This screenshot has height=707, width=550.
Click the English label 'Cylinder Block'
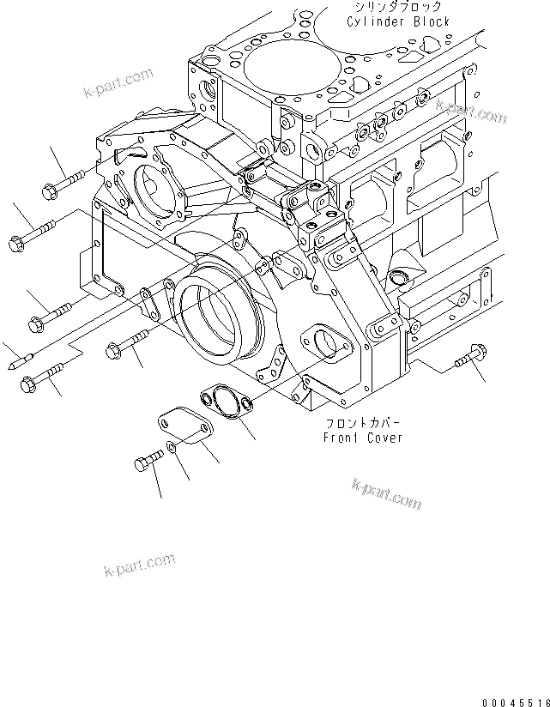point(397,21)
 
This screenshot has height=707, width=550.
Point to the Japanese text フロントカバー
point(363,423)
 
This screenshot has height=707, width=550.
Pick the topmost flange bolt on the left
point(60,182)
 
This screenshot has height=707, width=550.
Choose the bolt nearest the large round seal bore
point(129,342)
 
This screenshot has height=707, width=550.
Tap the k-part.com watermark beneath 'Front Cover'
point(386,493)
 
